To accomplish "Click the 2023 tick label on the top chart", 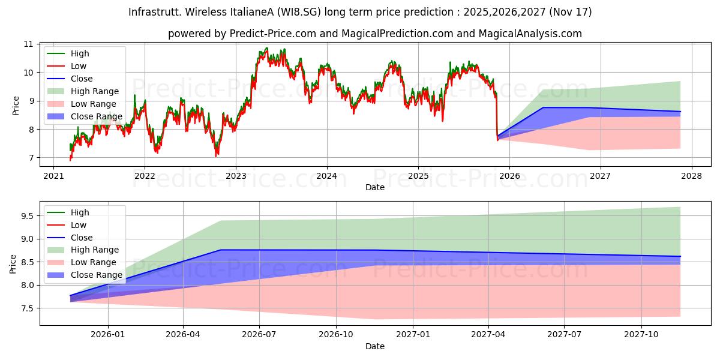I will pyautogui.click(x=236, y=176).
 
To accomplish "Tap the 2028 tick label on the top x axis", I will pyautogui.click(x=691, y=176).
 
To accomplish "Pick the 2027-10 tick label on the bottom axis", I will pyautogui.click(x=642, y=334).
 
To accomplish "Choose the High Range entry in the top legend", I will pyautogui.click(x=94, y=91).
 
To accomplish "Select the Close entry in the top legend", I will pyautogui.click(x=82, y=79).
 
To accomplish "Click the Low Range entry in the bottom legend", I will pyautogui.click(x=93, y=262).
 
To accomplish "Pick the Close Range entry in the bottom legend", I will pyautogui.click(x=96, y=275).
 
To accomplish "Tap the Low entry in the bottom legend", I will pyautogui.click(x=78, y=225).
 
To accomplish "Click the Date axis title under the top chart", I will pyautogui.click(x=375, y=187).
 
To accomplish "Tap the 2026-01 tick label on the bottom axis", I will pyautogui.click(x=108, y=334).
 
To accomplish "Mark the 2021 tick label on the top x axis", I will pyautogui.click(x=53, y=176).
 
